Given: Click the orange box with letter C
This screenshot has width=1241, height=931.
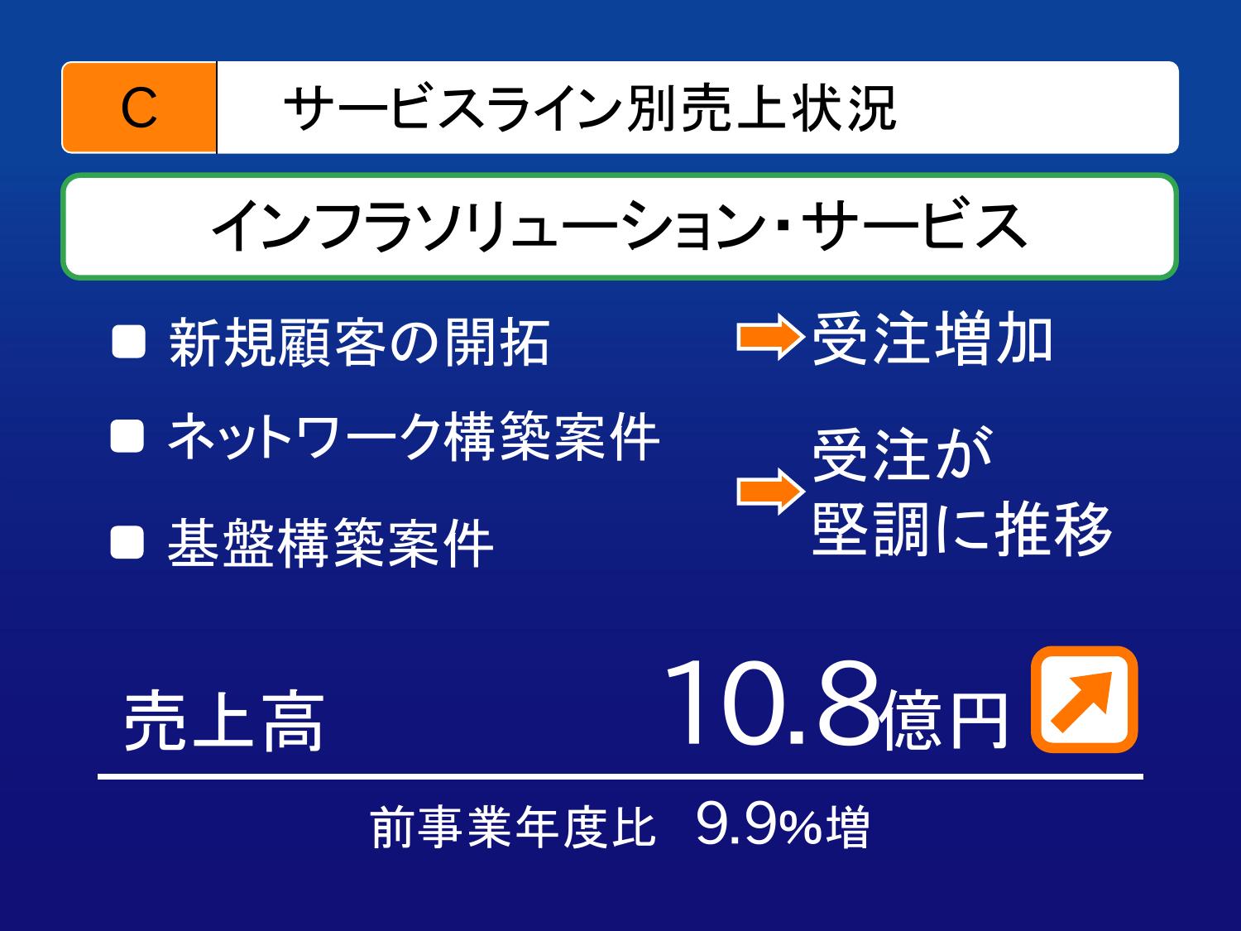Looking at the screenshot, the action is (139, 108).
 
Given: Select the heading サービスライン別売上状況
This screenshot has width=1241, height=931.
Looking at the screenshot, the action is (590, 108).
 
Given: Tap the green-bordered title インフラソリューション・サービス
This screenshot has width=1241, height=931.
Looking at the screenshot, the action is (619, 226).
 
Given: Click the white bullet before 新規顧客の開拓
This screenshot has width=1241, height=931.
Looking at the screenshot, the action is (129, 342).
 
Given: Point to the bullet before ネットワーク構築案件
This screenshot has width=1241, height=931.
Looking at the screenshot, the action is (127, 436).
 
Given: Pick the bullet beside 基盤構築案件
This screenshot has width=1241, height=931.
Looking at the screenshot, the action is (127, 542).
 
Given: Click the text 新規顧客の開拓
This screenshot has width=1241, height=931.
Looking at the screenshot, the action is (360, 342).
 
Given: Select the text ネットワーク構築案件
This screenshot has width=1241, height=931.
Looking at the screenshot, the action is (414, 436).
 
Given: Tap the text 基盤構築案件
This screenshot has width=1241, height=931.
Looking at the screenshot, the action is (331, 543).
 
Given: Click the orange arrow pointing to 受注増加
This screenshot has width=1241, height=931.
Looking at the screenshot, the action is (770, 337).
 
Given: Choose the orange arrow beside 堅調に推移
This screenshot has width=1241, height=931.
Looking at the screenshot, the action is (770, 492).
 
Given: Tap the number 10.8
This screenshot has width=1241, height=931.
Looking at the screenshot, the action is (772, 703).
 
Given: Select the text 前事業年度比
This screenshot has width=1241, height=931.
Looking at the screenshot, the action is (514, 828).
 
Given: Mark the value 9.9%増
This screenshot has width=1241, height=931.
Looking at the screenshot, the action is (783, 826).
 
